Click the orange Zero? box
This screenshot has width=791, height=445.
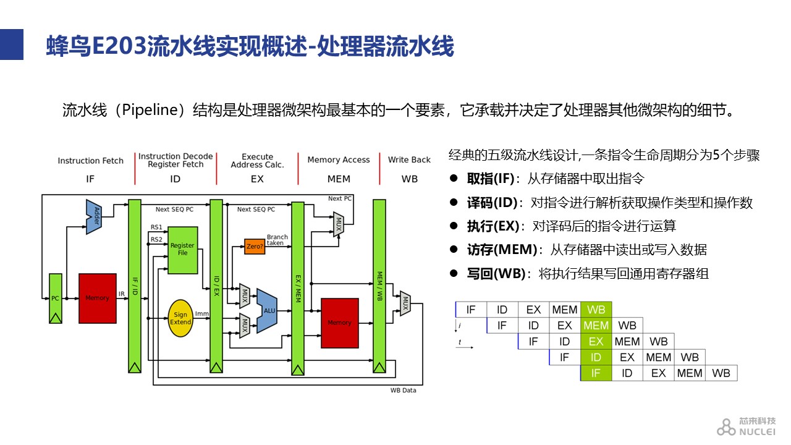click(x=255, y=247)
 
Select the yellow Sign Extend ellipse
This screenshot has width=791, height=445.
click(x=180, y=318)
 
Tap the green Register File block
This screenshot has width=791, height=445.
click(x=182, y=250)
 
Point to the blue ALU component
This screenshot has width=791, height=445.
click(x=267, y=311)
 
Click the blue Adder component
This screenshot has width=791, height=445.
click(x=94, y=216)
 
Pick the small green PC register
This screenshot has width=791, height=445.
click(x=56, y=299)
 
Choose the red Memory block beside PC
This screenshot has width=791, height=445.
click(x=98, y=299)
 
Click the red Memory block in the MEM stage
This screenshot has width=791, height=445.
click(x=340, y=323)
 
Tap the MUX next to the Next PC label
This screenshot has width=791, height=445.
click(x=339, y=224)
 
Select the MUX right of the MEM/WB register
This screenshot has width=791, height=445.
click(x=405, y=303)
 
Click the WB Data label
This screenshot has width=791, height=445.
click(x=404, y=390)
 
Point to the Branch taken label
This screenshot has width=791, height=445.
click(x=277, y=240)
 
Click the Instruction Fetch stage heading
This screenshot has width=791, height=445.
click(x=90, y=161)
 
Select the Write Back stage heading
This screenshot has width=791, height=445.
click(x=409, y=159)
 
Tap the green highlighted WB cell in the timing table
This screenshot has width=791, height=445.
click(x=596, y=310)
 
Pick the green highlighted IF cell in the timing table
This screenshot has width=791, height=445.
click(x=596, y=373)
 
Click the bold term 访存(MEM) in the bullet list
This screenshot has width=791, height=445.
click(x=502, y=250)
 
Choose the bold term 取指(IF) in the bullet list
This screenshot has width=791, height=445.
click(x=491, y=179)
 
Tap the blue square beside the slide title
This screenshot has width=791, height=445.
click(x=12, y=44)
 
